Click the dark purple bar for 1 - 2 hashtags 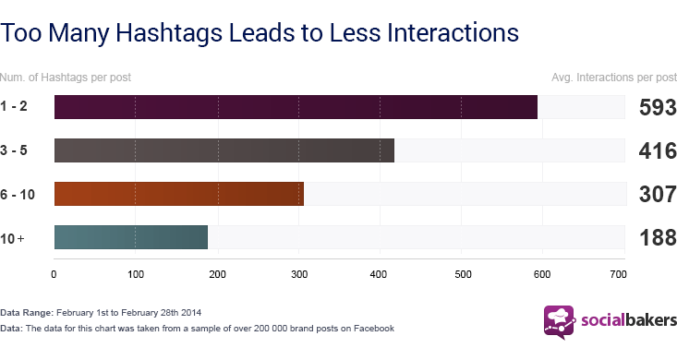click(296, 106)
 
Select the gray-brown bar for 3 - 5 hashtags click(224, 150)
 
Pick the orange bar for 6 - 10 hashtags click(178, 194)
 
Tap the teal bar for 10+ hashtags click(131, 237)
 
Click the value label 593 click(658, 107)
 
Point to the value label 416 click(658, 150)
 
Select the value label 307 click(658, 194)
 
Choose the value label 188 click(658, 237)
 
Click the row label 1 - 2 click(15, 107)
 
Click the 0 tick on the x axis click(54, 273)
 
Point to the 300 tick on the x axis click(298, 273)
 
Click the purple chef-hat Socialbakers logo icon click(558, 321)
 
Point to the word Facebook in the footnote click(372, 328)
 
